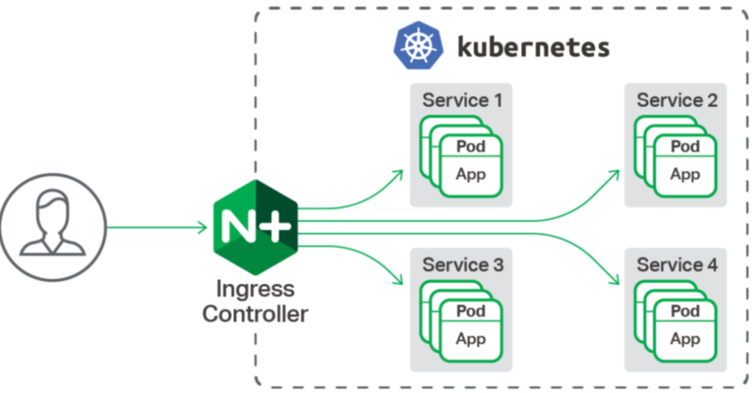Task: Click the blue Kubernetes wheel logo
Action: pos(418,45)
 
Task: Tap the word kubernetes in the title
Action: pos(534,47)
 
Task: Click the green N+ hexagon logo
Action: pos(256,227)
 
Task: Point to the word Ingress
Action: pos(255,289)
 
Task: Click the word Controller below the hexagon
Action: pos(255,314)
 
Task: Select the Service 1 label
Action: pos(462,100)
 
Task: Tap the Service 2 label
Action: pos(677,100)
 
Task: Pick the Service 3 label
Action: pos(463,265)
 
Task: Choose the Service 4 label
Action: pos(677,265)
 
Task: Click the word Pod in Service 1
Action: pos(470,146)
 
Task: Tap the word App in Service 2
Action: pos(685,174)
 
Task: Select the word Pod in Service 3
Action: pos(470,311)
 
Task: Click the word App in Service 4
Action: pos(685,340)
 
